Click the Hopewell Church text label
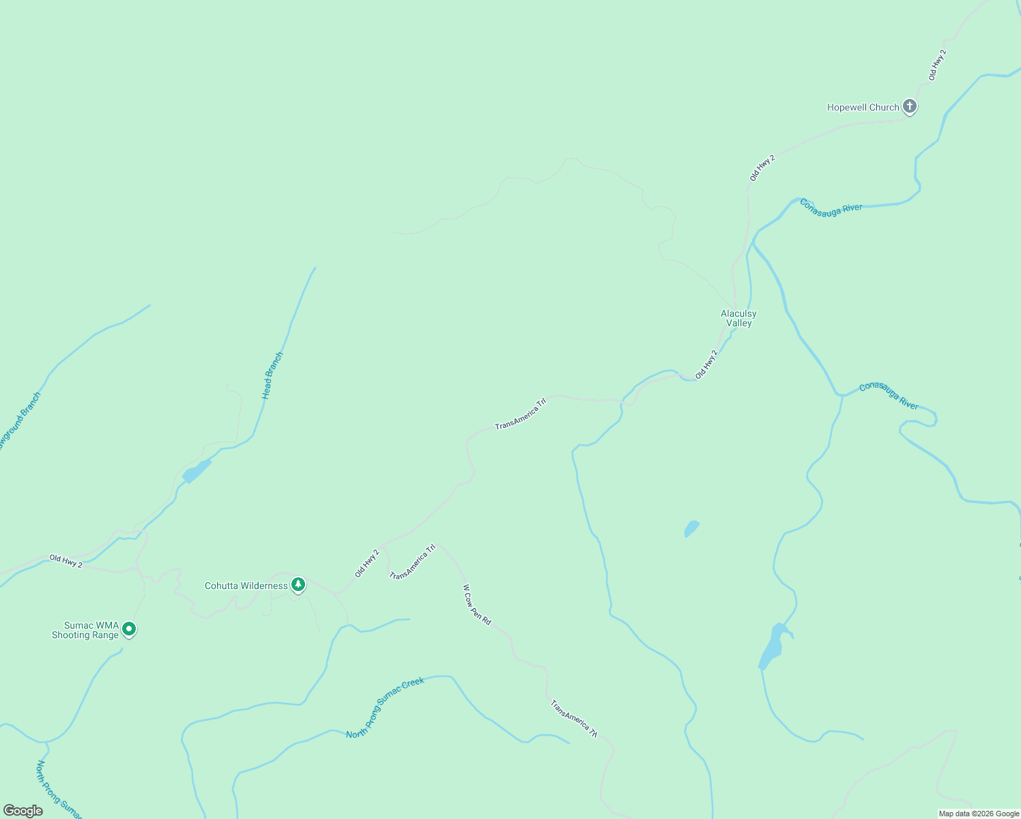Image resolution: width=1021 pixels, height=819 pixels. coord(863,107)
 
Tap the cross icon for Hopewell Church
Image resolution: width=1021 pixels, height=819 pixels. coord(909,106)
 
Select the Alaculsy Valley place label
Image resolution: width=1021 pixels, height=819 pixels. coord(738,319)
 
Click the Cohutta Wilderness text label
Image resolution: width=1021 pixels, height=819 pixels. coord(246,586)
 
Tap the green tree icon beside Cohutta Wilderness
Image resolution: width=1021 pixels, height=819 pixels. coord(298,585)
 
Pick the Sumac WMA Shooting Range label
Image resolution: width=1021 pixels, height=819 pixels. coord(85,630)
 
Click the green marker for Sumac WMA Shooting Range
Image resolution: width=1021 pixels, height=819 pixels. coord(129,629)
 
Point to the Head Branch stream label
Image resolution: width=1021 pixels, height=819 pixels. coord(272,375)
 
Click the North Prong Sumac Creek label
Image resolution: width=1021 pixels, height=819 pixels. coord(385,708)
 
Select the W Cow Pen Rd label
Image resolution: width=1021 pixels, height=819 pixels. coord(477,605)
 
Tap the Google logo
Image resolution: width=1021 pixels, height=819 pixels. coord(23,811)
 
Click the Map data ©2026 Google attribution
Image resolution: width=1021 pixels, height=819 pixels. coord(979,814)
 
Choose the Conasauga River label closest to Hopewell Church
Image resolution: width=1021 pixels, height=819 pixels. coord(831,207)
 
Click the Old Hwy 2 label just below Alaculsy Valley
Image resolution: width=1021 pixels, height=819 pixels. coord(706,364)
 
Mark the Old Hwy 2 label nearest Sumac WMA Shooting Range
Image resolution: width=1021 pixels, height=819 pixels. coord(66,561)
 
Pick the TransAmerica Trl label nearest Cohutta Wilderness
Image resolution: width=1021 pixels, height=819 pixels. coord(412,562)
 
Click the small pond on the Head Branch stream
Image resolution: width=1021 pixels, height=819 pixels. coord(197,471)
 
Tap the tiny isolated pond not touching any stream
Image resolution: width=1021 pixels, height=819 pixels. coord(692,528)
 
